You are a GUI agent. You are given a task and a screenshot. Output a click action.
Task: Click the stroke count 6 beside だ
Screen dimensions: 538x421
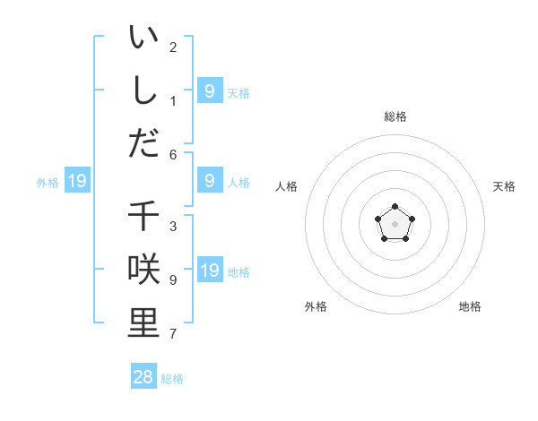173,154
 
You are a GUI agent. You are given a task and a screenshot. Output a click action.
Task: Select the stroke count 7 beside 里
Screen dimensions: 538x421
173,334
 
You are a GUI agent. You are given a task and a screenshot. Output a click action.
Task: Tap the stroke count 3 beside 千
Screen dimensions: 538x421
173,227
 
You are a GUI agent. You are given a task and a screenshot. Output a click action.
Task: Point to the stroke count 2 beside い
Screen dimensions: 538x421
173,47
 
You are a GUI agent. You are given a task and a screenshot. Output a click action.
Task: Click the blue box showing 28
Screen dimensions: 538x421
143,377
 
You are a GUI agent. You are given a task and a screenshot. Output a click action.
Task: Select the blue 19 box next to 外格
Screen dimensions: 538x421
77,182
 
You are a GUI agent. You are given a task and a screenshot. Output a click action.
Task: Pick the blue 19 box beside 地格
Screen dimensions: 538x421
210,271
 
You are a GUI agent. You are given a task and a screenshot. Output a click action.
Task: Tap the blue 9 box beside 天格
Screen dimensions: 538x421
210,90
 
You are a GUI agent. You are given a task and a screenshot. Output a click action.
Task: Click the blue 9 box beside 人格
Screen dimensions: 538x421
210,181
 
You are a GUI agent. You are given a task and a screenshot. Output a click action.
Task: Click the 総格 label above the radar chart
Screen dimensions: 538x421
395,116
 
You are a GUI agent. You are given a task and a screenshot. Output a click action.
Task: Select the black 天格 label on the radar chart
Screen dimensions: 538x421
504,186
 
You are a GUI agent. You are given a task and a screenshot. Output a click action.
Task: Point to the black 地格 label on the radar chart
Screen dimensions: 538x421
470,306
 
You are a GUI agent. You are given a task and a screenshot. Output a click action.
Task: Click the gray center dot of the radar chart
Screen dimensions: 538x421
395,224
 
